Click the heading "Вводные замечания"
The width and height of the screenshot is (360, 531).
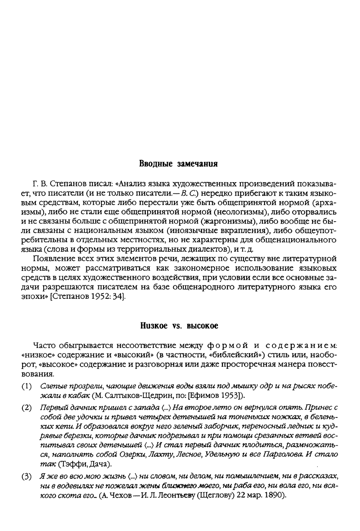tap(178, 164)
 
